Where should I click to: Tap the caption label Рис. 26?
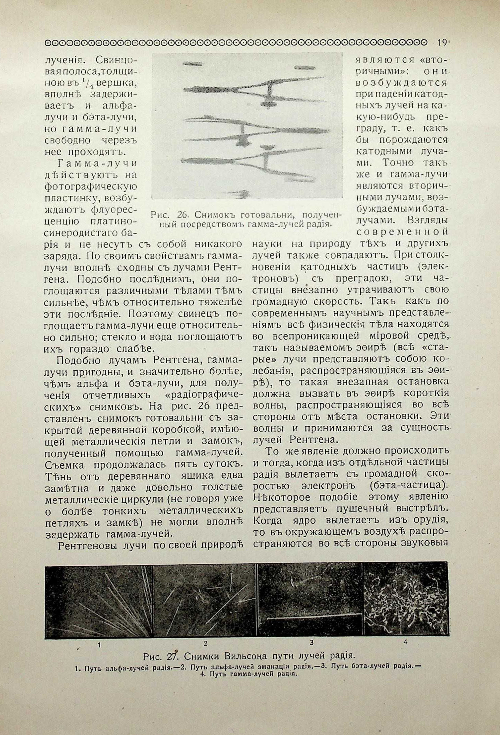[169, 215]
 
